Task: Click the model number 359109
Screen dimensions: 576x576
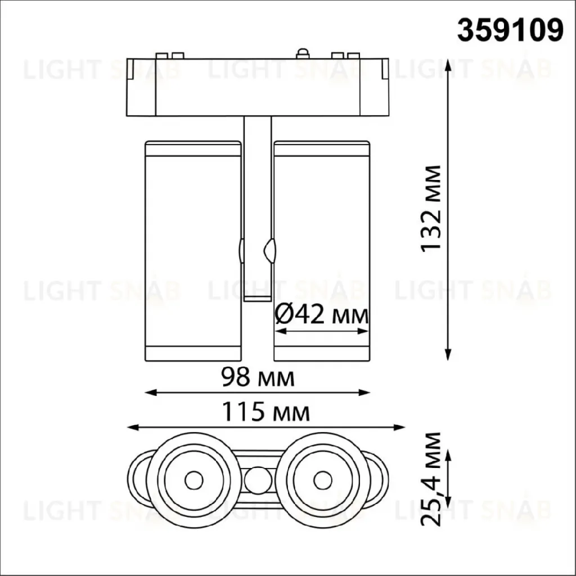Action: [x=510, y=30]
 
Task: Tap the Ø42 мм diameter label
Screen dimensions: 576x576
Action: [x=321, y=315]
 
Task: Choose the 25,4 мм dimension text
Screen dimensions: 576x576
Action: [x=430, y=479]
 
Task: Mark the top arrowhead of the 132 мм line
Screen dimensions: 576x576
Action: [x=448, y=65]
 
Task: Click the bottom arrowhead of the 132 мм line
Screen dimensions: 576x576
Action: [x=448, y=355]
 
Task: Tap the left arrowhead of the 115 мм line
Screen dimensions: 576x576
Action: [x=132, y=427]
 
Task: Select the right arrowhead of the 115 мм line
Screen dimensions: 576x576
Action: [x=399, y=427]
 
